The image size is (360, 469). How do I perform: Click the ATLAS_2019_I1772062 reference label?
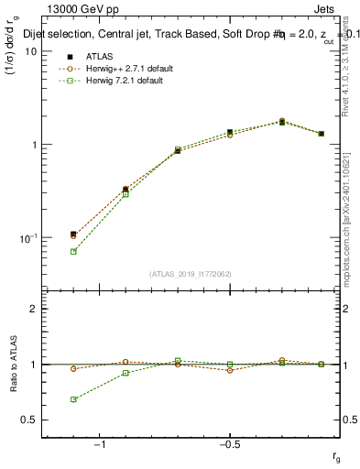[x=191, y=273]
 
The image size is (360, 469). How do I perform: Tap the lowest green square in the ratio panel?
[x=73, y=399]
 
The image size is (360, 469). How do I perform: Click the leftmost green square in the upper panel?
[x=73, y=251]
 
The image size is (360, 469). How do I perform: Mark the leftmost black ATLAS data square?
[x=73, y=234]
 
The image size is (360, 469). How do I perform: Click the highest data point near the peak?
[x=281, y=121]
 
